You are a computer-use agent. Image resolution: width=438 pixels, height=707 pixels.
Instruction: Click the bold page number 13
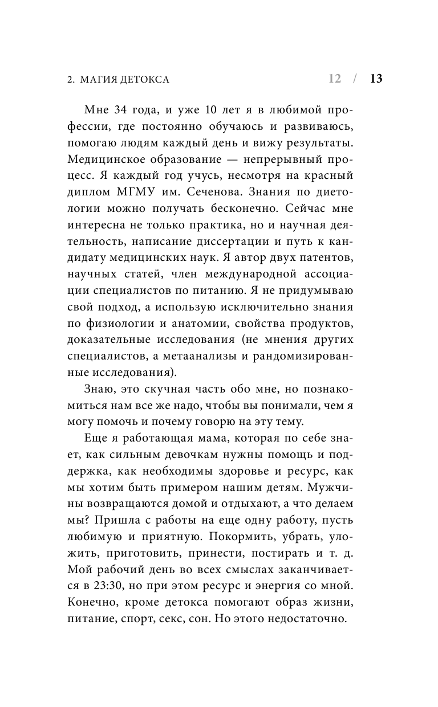376,79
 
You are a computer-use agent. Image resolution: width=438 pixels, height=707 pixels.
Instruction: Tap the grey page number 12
335,79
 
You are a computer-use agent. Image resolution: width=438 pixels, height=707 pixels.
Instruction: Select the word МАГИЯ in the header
100,79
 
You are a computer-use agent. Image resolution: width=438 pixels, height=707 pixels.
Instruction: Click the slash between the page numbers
355,79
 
